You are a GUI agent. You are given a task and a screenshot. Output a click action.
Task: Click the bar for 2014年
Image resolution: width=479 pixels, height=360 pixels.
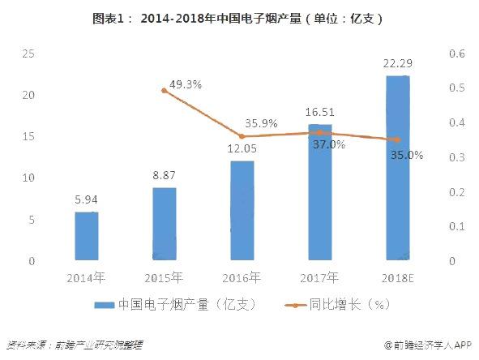coord(87,237)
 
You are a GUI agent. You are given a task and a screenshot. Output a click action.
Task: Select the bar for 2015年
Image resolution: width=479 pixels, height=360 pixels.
coord(165,225)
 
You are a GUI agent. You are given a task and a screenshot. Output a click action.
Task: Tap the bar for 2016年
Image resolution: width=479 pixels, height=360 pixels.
coord(242,211)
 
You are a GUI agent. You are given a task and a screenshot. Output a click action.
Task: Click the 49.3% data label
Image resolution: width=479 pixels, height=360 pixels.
coord(186,84)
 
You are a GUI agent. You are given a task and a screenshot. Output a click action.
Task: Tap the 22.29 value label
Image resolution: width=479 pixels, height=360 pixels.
coord(397,63)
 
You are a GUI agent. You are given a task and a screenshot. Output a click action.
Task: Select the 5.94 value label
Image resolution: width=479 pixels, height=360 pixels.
coord(87,199)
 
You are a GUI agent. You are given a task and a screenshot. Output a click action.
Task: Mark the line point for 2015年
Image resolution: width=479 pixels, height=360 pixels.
coord(165,91)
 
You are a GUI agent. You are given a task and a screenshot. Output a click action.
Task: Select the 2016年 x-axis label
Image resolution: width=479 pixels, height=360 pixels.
coord(242,278)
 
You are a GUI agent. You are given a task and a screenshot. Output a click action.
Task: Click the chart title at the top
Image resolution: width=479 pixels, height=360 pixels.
coord(239,16)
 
